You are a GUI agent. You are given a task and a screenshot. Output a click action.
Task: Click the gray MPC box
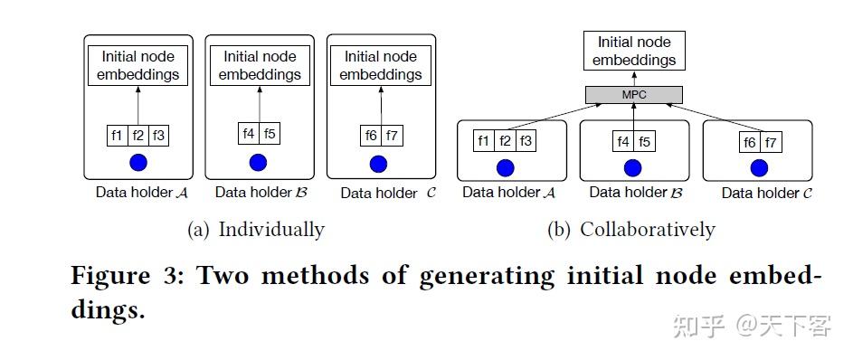point(633,95)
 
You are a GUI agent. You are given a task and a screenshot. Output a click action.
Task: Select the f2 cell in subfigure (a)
point(137,136)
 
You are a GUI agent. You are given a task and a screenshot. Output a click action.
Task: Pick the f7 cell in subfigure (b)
point(771,142)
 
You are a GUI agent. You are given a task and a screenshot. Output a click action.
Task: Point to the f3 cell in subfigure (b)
point(527,142)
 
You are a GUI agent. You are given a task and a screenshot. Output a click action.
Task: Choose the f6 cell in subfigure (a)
point(371,136)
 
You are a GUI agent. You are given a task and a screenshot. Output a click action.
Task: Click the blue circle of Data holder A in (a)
point(137,163)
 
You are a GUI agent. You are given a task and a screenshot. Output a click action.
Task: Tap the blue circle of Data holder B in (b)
point(633,167)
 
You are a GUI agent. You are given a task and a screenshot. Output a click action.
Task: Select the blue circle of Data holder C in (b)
point(760,167)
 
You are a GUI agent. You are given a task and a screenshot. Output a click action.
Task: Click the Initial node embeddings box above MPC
point(634,52)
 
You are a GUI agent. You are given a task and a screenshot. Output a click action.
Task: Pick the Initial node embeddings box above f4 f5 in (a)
point(259,65)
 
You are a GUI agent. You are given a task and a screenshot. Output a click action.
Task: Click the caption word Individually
point(270,230)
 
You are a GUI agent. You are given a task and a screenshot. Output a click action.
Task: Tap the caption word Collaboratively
point(647,230)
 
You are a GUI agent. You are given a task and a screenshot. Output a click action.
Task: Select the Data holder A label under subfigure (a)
point(137,193)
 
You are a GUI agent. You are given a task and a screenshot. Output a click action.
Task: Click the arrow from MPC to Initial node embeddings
point(633,79)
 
